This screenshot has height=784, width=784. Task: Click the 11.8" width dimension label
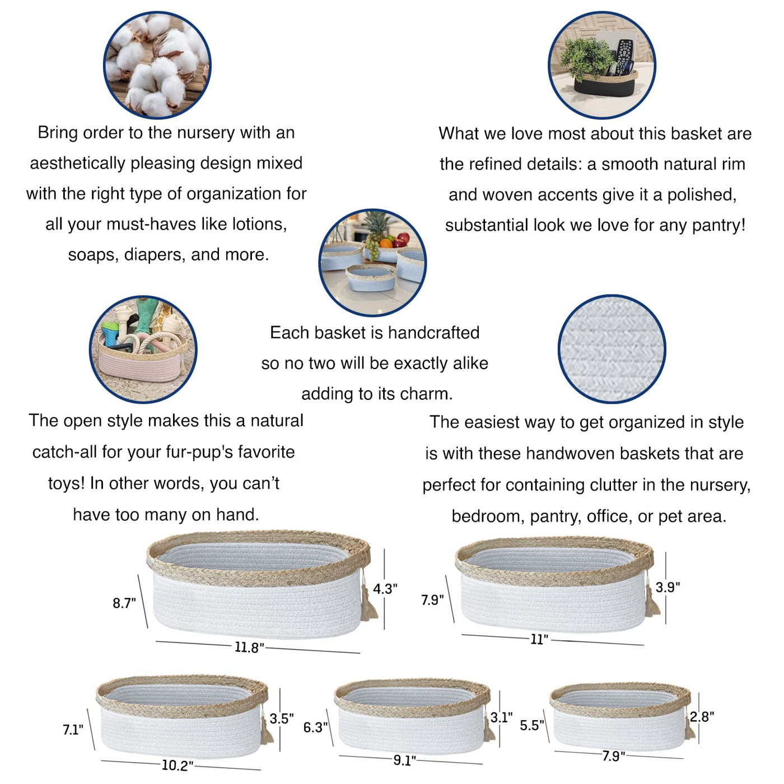pyautogui.click(x=249, y=647)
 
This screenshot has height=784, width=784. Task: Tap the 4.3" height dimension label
pyautogui.click(x=385, y=589)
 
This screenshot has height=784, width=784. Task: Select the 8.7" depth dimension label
pyautogui.click(x=124, y=603)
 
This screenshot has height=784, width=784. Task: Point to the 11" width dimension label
pyautogui.click(x=539, y=639)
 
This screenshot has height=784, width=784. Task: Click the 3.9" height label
pyautogui.click(x=668, y=587)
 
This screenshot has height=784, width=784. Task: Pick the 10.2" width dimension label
pyautogui.click(x=178, y=766)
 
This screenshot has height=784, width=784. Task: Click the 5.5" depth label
pyautogui.click(x=532, y=725)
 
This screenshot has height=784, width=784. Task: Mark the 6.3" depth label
pyautogui.click(x=315, y=727)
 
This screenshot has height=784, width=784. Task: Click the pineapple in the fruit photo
pyautogui.click(x=375, y=228)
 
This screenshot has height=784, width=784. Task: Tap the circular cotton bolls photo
pyautogui.click(x=157, y=65)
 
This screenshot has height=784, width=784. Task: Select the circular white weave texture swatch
pyautogui.click(x=612, y=349)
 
